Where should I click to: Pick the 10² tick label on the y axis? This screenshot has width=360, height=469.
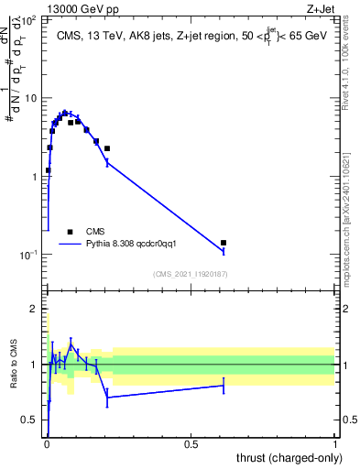30,19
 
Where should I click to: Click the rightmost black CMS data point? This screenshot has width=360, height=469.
224,243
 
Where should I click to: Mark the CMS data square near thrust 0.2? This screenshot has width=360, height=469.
107,148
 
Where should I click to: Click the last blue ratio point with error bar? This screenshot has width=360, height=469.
224,386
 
